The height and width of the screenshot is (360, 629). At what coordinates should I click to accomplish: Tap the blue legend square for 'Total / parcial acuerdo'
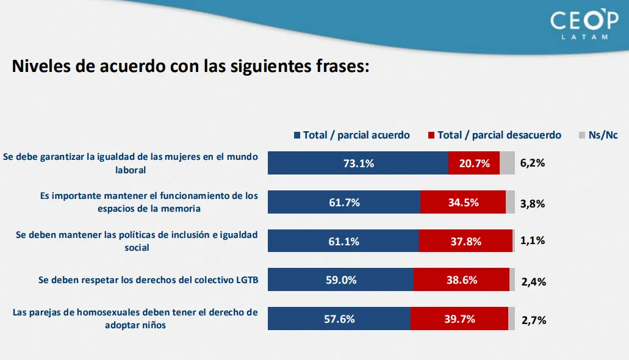tap(297, 135)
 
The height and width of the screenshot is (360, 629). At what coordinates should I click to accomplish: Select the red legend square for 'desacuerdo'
tap(432, 135)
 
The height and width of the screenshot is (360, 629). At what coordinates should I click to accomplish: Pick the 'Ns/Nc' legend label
tap(603, 135)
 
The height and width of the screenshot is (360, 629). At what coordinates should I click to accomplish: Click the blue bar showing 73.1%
tap(358, 163)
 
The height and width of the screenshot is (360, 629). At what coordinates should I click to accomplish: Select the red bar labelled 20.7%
tap(473, 163)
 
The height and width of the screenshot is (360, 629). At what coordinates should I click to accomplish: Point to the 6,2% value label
tap(533, 163)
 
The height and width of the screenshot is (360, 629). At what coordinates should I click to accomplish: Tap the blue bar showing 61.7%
tap(344, 202)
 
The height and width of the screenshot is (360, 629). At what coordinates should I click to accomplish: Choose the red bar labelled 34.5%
tap(462, 202)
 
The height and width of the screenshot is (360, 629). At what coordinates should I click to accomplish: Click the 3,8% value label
tap(533, 203)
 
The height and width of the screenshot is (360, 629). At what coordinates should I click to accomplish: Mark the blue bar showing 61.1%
tap(343, 241)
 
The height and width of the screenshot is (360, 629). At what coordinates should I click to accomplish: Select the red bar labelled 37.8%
tap(465, 241)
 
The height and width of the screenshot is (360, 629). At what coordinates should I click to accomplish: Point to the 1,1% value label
tap(533, 240)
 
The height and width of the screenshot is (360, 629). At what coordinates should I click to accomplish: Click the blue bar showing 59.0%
tap(340, 279)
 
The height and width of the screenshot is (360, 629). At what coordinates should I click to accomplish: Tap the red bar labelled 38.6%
tap(461, 279)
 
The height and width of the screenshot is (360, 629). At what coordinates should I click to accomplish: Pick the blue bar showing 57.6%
tap(339, 319)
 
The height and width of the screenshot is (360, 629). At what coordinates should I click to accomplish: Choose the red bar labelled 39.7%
tap(459, 319)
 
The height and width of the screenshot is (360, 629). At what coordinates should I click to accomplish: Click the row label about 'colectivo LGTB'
tap(148, 280)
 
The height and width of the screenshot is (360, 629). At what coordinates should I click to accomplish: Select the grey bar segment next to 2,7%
tap(512, 319)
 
